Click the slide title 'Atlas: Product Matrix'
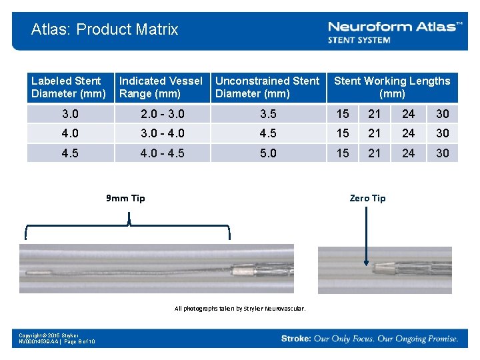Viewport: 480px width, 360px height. pyautogui.click(x=105, y=29)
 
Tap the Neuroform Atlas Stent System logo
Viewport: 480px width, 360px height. pyautogui.click(x=395, y=31)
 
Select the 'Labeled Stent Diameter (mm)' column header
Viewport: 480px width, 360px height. pyautogui.click(x=69, y=87)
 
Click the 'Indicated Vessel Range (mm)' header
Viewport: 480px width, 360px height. pyautogui.click(x=161, y=87)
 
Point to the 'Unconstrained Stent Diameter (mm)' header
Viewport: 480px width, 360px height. pyautogui.click(x=267, y=87)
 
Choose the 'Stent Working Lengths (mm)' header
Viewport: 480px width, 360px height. pyautogui.click(x=392, y=87)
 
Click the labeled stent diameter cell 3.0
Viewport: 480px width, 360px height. pyautogui.click(x=69, y=113)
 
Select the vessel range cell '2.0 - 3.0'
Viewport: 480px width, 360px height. pyautogui.click(x=162, y=113)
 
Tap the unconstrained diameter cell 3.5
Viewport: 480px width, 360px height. pyautogui.click(x=268, y=113)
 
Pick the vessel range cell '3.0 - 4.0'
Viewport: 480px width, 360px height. pyautogui.click(x=162, y=133)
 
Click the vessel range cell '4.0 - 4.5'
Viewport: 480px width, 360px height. pyautogui.click(x=162, y=153)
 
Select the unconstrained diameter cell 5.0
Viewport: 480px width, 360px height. pyautogui.click(x=268, y=153)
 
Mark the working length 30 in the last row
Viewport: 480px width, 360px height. pyautogui.click(x=443, y=153)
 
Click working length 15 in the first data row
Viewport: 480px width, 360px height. pyautogui.click(x=343, y=113)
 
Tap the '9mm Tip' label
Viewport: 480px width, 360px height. pyautogui.click(x=125, y=198)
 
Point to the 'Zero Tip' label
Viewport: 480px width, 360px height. pyautogui.click(x=367, y=198)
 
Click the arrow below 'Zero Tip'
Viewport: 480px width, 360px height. pyautogui.click(x=367, y=233)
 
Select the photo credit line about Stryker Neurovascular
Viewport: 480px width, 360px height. pyautogui.click(x=240, y=309)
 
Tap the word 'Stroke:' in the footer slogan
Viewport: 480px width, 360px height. pyautogui.click(x=296, y=339)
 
